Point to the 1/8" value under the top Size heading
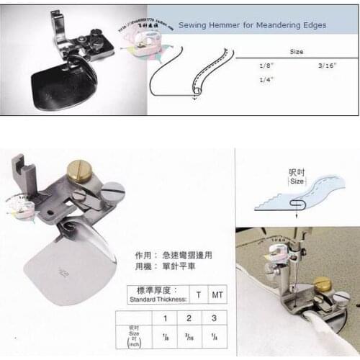pyautogui.click(x=266, y=66)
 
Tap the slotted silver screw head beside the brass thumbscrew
pyautogui.click(x=112, y=192)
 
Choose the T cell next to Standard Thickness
pyautogui.click(x=198, y=294)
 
